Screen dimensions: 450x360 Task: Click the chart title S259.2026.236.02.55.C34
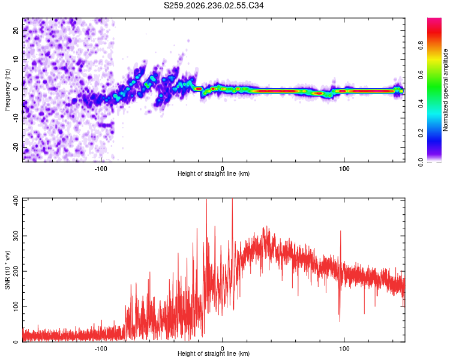(214, 5)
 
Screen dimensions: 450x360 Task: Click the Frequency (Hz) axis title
(7, 90)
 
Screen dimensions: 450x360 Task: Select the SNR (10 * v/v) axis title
(7, 270)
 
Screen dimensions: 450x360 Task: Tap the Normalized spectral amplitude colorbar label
(445, 90)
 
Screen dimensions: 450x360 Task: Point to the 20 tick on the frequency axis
(16, 30)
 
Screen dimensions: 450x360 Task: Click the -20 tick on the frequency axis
(16, 147)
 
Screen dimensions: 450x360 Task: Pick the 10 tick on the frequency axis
(16, 59)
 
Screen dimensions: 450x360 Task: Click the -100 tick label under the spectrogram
(101, 169)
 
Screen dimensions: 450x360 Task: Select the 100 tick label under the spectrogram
(344, 169)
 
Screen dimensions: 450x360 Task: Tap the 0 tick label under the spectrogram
(223, 169)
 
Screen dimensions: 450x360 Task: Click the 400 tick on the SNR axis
(16, 200)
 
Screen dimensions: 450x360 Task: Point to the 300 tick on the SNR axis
(16, 236)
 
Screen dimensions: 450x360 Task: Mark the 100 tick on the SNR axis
(16, 307)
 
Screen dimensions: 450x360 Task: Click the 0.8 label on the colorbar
(421, 46)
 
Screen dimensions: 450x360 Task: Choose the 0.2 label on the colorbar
(421, 133)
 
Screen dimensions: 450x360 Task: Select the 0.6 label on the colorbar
(421, 74)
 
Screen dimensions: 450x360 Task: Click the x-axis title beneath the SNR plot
(214, 353)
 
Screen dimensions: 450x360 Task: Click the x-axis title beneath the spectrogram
(214, 173)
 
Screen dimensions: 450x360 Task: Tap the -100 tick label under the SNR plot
(101, 349)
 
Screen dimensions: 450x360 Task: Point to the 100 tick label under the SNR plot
(344, 349)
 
